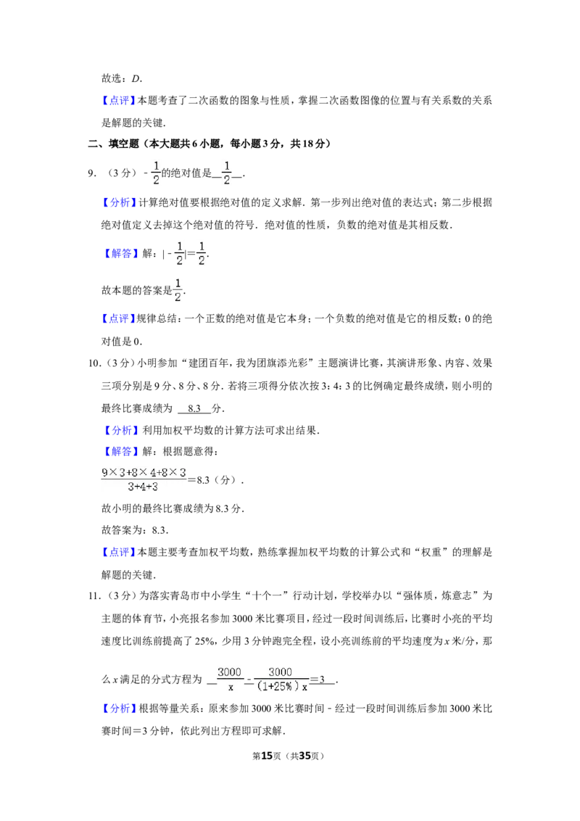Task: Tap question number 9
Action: (92, 173)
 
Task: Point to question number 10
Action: (94, 363)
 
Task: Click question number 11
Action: (94, 595)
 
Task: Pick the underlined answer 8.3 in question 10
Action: (194, 408)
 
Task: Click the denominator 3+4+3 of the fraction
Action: (143, 487)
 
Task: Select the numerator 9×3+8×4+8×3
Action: (144, 472)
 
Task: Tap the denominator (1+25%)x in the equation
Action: (282, 685)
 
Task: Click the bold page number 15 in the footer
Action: (267, 756)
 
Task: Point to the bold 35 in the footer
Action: (304, 756)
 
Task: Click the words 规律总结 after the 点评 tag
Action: (157, 318)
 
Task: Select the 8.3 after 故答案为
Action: (159, 530)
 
